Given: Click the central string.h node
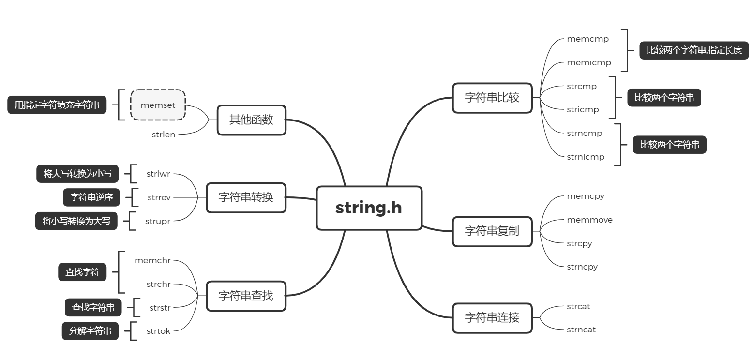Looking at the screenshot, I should pos(369,208).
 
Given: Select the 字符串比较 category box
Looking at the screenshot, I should pos(492,98).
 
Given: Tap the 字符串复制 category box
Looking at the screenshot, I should pos(492,231).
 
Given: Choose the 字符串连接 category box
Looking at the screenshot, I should pos(492,318).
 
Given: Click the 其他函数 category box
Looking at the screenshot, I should pos(251,120).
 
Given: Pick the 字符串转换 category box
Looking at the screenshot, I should pos(246,197).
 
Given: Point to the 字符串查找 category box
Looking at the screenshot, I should pos(246,296).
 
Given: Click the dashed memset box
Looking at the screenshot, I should pos(158,105).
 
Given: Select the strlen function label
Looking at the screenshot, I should pos(164,135).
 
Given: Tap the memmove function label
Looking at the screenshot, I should pos(589,220).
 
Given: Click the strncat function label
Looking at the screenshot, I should pos(581,330).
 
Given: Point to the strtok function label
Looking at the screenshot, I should pos(158,331).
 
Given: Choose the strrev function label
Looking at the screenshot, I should pos(159,197).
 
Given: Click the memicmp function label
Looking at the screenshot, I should pos(589,63).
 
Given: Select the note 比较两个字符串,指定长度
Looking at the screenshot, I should pos(694,50).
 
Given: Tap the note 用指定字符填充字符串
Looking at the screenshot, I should pos(57,105).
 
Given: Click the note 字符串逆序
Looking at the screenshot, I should pos(91,197).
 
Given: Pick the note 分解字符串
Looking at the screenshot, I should pos(90,331).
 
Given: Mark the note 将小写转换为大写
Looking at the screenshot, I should pos(76,221).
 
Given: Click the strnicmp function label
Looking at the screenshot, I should pos(586,157).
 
